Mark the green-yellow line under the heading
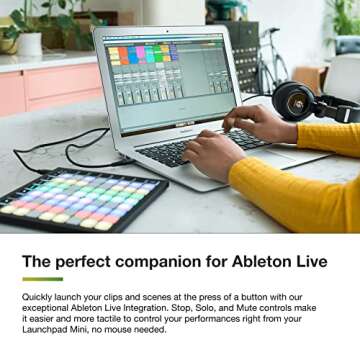click(42, 279)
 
